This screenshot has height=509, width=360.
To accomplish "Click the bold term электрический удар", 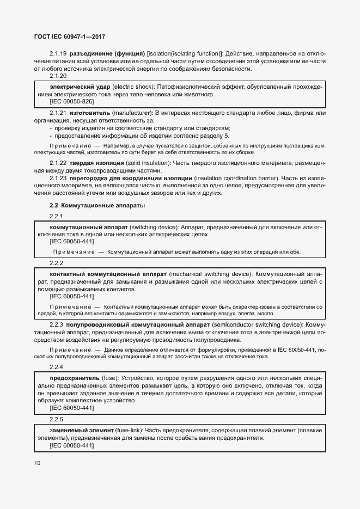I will click(x=74, y=87).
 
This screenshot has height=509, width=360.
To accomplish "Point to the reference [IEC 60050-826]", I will click(x=71, y=102).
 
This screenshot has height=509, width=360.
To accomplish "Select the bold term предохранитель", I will click(x=74, y=377).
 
